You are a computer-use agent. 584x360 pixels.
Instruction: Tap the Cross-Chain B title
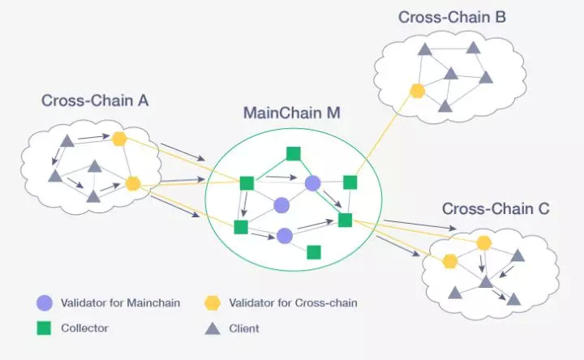tap(453, 16)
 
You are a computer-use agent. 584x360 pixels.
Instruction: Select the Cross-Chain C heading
tap(496, 208)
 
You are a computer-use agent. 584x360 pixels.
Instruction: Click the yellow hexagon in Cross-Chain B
tap(418, 90)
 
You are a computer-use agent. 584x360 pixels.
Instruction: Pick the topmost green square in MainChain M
tap(293, 154)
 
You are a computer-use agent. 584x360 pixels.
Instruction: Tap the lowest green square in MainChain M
tap(314, 251)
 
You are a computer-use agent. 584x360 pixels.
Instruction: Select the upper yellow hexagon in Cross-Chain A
tap(119, 139)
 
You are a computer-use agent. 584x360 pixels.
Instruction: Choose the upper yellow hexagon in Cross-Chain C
tap(484, 242)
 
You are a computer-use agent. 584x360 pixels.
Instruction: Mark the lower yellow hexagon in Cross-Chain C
tap(449, 261)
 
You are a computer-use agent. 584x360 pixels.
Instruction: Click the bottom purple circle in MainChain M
tap(284, 236)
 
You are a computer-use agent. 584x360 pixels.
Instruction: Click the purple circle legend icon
tap(45, 303)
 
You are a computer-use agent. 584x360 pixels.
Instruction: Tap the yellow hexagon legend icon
tap(213, 303)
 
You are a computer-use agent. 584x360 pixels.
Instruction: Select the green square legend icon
tap(45, 328)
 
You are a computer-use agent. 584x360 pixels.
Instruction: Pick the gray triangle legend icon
tap(213, 328)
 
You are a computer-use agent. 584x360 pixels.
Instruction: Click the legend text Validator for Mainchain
tap(121, 303)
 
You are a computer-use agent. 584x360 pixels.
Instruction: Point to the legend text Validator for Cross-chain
tap(294, 303)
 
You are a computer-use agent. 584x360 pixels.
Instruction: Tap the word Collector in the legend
tap(84, 328)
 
